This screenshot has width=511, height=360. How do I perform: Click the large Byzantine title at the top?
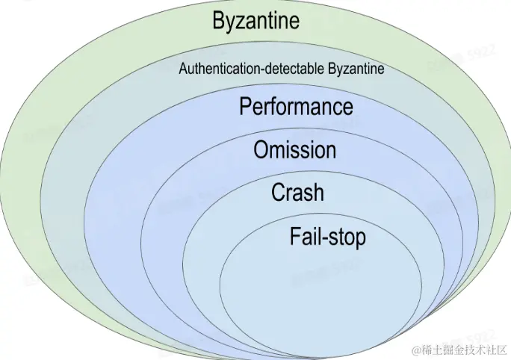pyautogui.click(x=255, y=20)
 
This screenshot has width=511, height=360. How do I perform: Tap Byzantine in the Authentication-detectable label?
pyautogui.click(x=357, y=69)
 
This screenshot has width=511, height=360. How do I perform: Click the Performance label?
pyautogui.click(x=296, y=106)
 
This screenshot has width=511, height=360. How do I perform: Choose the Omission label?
pyautogui.click(x=294, y=149)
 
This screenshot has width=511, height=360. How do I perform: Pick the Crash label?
pyautogui.click(x=297, y=193)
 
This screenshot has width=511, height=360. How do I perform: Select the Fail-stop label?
pyautogui.click(x=328, y=237)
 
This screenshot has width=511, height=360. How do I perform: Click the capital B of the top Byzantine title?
pyautogui.click(x=219, y=20)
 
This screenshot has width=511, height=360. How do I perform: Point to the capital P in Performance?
pyautogui.click(x=246, y=106)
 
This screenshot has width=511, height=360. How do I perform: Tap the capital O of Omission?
pyautogui.click(x=261, y=149)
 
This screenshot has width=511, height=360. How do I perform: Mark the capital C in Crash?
pyautogui.click(x=278, y=193)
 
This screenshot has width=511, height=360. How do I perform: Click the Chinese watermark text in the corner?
pyautogui.click(x=465, y=349)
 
